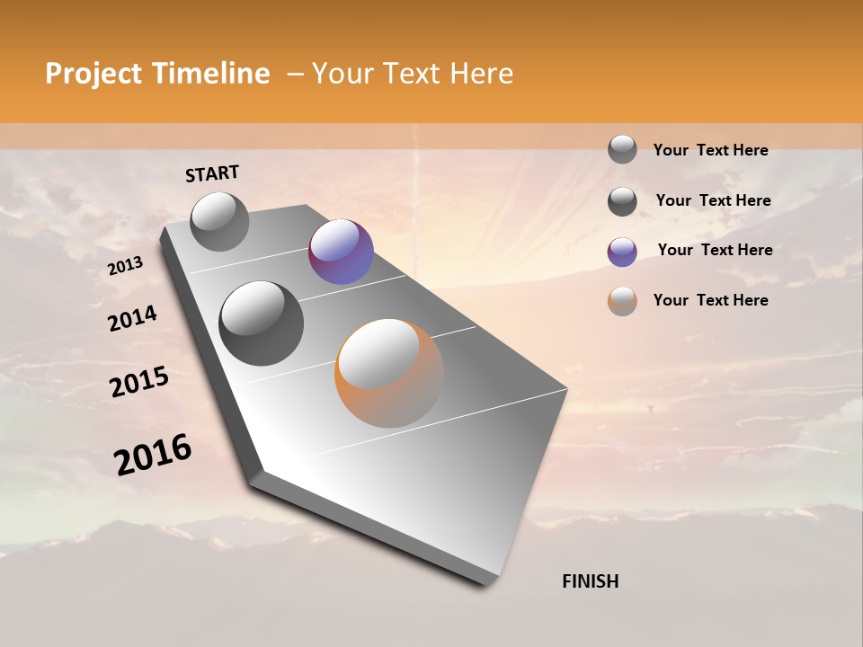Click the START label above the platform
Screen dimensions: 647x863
point(212,173)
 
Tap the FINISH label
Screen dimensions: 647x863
point(591,581)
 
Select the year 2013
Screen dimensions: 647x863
point(126,266)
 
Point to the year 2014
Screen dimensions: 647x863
point(133,318)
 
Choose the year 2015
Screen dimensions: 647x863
point(139,382)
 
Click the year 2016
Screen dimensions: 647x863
point(153,455)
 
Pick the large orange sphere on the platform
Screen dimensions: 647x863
point(389,373)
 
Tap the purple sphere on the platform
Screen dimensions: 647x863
point(341,252)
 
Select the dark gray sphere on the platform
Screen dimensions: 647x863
point(262,323)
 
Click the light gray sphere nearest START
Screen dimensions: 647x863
point(220,221)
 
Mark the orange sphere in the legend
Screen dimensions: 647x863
point(622,301)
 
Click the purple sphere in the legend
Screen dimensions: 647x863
point(622,252)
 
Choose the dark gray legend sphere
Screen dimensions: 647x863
point(622,201)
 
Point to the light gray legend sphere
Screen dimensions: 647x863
point(622,149)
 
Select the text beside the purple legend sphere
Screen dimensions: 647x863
point(715,250)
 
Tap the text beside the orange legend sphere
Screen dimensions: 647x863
point(710,300)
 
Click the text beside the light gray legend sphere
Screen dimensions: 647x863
point(710,150)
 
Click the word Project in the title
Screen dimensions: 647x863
point(94,74)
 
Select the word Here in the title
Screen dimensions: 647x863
point(481,74)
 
